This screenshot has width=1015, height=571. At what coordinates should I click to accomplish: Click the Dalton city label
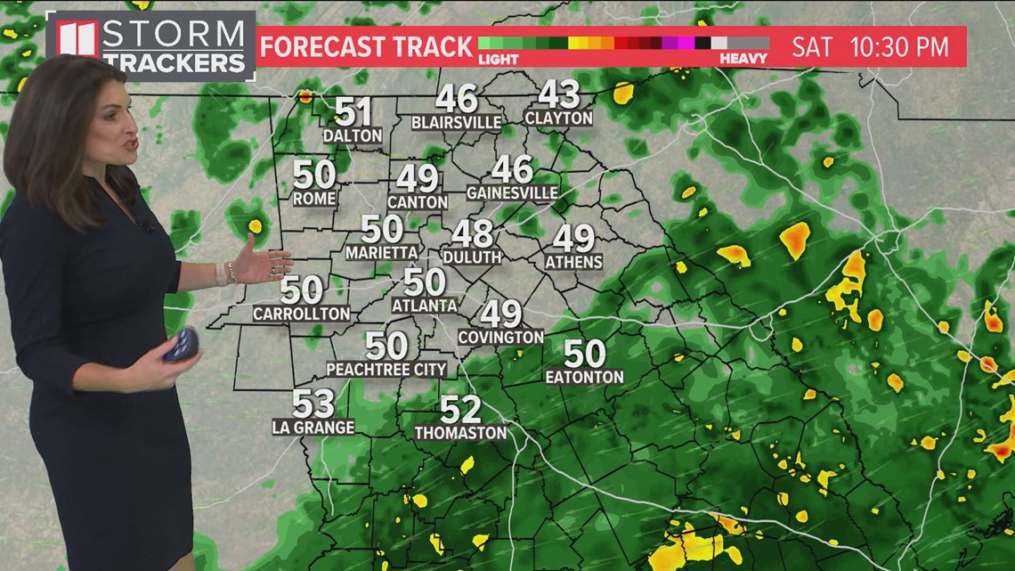click(x=353, y=135)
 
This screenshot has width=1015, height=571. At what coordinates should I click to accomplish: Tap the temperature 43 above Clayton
click(x=558, y=94)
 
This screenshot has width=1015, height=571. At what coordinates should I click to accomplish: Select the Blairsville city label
click(x=457, y=121)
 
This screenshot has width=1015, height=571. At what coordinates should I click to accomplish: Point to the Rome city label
click(x=314, y=199)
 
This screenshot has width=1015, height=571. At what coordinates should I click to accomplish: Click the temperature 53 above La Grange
click(x=313, y=404)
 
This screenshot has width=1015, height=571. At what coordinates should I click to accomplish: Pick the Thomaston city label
click(x=460, y=432)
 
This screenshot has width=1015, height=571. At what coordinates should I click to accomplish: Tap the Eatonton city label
click(x=584, y=377)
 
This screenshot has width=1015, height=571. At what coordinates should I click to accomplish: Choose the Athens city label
click(x=573, y=262)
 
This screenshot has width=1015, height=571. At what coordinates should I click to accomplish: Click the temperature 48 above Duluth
click(x=472, y=233)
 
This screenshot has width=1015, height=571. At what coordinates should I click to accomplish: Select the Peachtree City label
click(x=386, y=369)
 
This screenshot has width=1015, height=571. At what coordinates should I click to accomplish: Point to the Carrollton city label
click(x=301, y=314)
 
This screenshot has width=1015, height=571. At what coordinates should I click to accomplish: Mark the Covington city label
click(x=500, y=337)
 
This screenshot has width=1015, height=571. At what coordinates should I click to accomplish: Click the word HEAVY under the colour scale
click(x=744, y=59)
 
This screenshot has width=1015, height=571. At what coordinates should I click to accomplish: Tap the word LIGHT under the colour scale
click(x=498, y=59)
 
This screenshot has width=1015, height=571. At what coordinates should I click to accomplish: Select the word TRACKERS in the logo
click(x=175, y=63)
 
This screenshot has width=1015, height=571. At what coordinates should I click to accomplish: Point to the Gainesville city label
click(x=513, y=192)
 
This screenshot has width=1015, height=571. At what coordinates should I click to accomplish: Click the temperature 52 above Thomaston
click(x=460, y=410)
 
